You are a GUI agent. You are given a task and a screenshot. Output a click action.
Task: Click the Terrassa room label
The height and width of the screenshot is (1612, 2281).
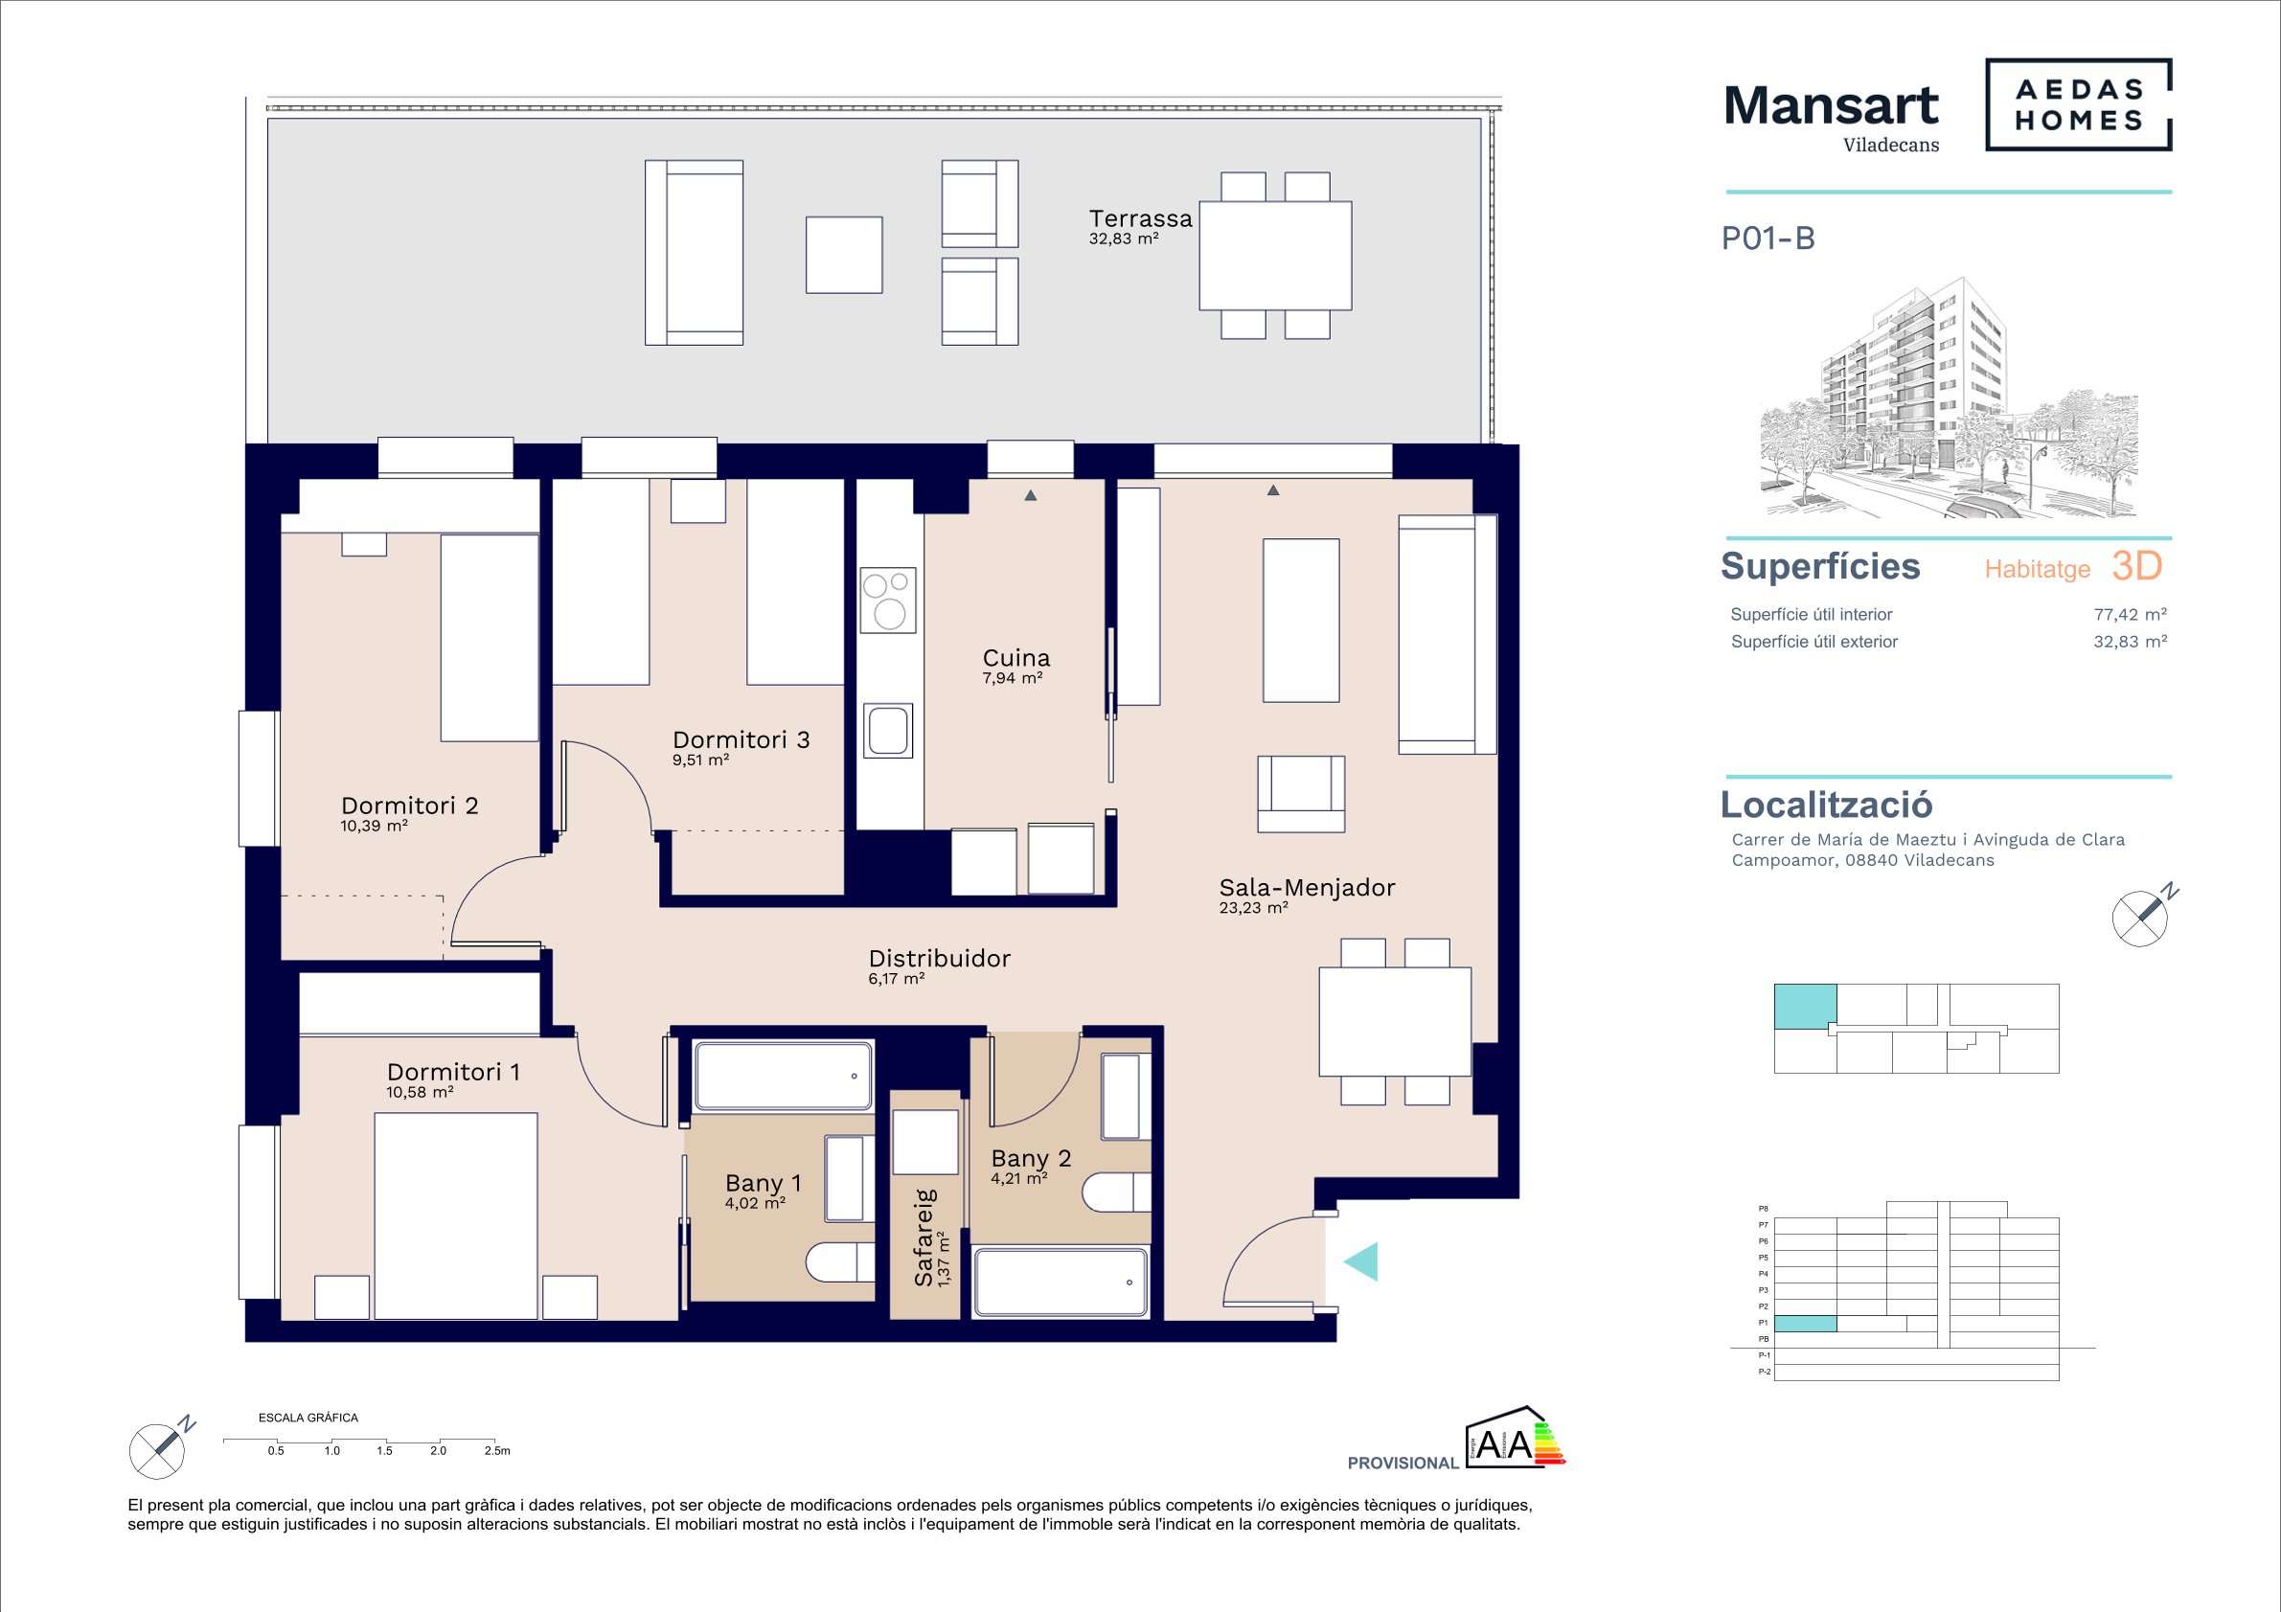click(1139, 218)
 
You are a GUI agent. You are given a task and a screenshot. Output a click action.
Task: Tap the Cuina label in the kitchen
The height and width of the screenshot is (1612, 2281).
click(1015, 657)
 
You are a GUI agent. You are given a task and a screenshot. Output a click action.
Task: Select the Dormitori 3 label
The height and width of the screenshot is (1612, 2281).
click(741, 740)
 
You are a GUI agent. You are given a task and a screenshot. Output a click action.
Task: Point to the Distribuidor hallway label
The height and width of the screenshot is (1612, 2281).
click(939, 959)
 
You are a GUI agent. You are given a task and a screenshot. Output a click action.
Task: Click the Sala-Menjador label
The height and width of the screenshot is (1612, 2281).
click(1307, 888)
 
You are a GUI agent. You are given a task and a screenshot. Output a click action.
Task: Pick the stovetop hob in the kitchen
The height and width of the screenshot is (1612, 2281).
click(888, 600)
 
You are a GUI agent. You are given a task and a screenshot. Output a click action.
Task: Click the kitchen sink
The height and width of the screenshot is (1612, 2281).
click(888, 731)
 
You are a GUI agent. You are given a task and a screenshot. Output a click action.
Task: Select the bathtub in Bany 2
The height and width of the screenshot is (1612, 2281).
click(1061, 1283)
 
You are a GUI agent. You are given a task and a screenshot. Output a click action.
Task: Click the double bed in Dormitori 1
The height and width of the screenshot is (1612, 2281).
click(456, 1215)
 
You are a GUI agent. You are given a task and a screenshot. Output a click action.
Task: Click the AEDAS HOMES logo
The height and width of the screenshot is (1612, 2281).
click(2078, 105)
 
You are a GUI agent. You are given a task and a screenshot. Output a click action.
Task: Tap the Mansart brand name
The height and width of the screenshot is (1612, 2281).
click(1831, 105)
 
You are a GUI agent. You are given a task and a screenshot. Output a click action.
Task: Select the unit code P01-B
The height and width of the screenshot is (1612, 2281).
click(1768, 238)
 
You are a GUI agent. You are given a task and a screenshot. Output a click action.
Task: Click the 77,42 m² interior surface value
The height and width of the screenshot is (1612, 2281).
click(2130, 615)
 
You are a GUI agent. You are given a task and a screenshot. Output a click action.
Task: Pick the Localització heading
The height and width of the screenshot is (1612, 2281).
click(1826, 805)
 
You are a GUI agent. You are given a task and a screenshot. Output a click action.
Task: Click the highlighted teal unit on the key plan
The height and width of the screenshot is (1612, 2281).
click(1805, 1006)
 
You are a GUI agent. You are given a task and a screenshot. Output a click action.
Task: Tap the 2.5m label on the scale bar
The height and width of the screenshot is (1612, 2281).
click(497, 1451)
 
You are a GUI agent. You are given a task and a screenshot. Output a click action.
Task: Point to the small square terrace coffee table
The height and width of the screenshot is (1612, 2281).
click(843, 256)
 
